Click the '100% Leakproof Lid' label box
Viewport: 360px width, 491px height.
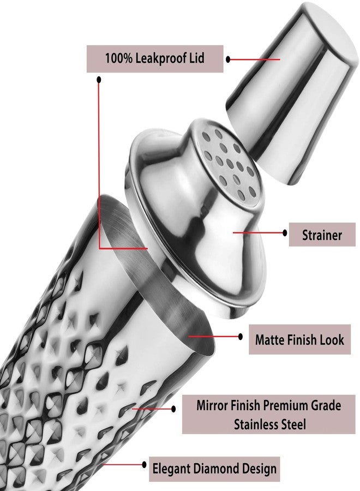(155, 59)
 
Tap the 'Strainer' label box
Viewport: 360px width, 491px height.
(322, 235)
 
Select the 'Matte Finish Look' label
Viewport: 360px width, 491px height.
(299, 339)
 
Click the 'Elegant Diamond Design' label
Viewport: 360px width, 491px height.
(214, 469)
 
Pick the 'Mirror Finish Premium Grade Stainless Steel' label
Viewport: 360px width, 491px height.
(268, 414)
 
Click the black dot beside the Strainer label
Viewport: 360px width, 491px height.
(285, 232)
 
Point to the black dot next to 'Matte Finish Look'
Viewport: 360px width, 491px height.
(241, 337)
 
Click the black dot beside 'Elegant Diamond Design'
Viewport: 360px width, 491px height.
(144, 465)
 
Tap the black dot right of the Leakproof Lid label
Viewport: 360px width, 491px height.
(228, 59)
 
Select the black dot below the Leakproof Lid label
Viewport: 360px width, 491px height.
(99, 80)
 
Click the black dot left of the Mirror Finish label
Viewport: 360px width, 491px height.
(173, 409)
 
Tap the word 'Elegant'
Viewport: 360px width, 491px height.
(172, 469)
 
